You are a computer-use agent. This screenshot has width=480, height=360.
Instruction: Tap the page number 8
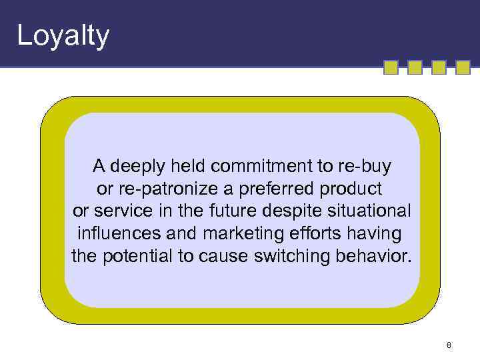[449, 345]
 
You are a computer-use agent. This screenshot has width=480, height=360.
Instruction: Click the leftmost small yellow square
[391, 68]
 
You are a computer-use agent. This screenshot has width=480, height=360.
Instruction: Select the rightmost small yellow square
[463, 68]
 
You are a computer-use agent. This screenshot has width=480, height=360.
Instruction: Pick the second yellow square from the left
[415, 68]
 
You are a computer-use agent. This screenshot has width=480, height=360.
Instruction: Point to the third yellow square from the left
[439, 68]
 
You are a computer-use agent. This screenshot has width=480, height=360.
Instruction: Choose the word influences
[119, 234]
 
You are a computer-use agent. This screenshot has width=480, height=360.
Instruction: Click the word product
[359, 188]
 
